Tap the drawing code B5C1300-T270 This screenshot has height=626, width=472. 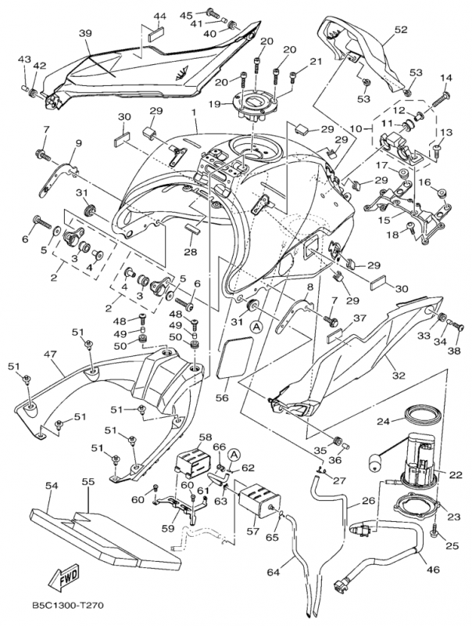pyautogui.click(x=68, y=606)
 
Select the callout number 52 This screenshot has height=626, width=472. pyautogui.click(x=401, y=30)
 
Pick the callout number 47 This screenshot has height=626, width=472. pyautogui.click(x=51, y=354)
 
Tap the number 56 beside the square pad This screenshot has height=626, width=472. pyautogui.click(x=223, y=397)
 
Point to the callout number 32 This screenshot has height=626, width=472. pyautogui.click(x=399, y=376)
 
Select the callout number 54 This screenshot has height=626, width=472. pyautogui.click(x=51, y=486)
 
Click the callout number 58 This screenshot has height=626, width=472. pyautogui.click(x=205, y=437)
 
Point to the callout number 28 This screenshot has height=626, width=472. pyautogui.click(x=190, y=252)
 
